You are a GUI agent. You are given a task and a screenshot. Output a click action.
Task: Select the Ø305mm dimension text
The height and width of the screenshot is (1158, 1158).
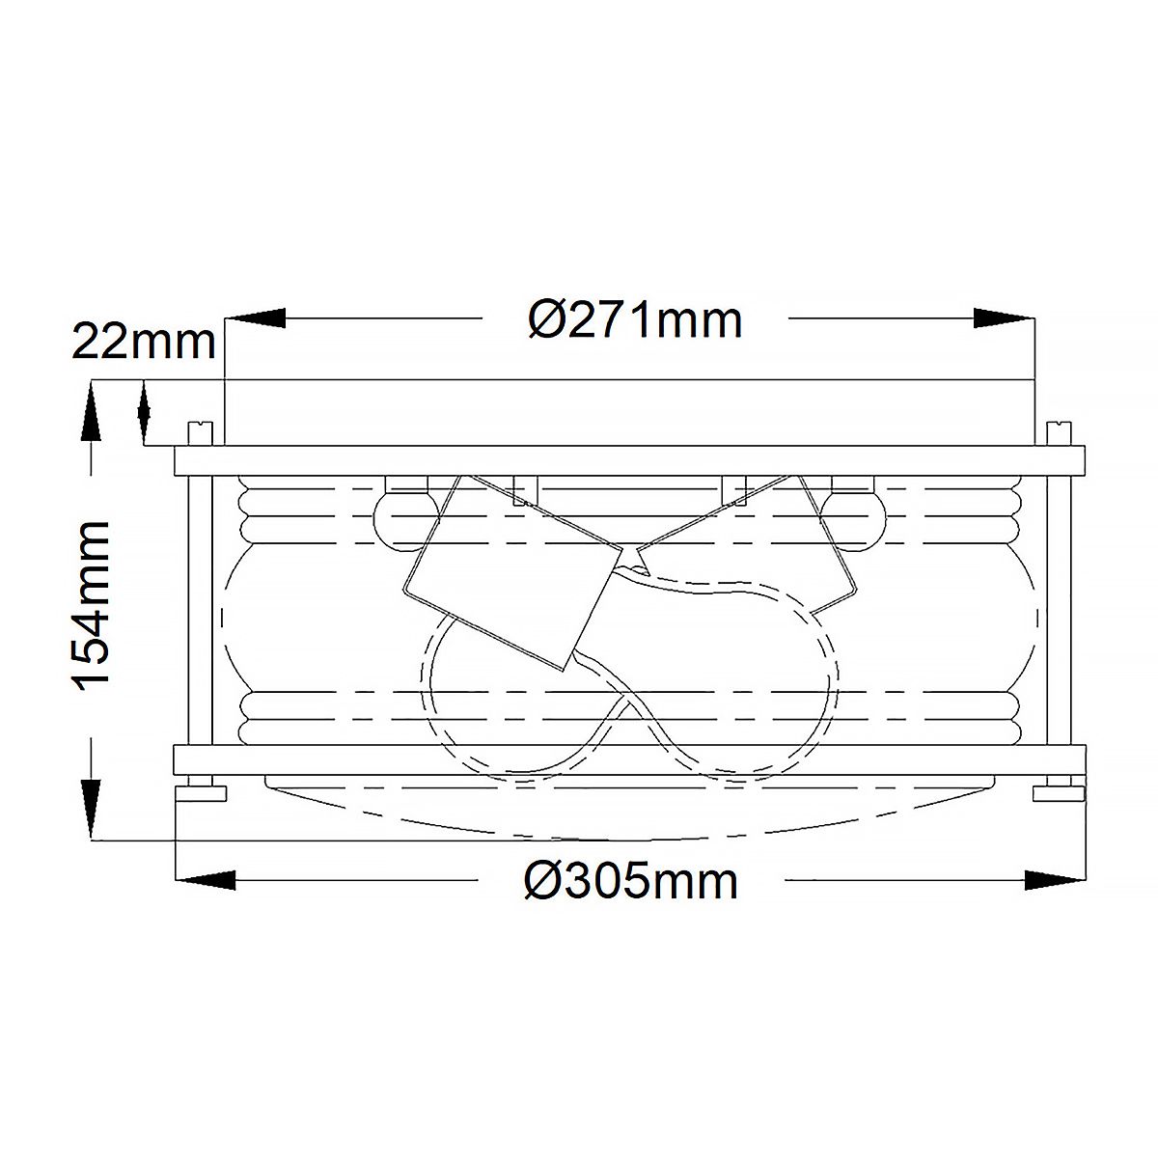[632, 881]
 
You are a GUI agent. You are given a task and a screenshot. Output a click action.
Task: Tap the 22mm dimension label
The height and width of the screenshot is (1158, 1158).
[145, 342]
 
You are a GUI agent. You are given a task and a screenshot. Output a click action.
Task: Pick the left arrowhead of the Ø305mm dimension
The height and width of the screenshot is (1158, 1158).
[205, 879]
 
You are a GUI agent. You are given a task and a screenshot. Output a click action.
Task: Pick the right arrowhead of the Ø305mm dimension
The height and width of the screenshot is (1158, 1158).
[1056, 879]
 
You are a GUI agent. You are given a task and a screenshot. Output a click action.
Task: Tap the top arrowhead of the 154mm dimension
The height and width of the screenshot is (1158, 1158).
[93, 410]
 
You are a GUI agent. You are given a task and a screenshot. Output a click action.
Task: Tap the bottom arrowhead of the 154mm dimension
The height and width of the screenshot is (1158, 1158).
[93, 809]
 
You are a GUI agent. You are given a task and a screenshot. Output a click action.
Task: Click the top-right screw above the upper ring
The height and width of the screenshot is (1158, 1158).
[1059, 434]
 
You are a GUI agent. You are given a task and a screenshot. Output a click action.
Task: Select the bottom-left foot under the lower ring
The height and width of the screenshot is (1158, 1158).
[202, 793]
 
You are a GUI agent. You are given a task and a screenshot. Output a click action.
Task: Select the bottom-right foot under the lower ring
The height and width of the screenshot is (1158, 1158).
[1058, 793]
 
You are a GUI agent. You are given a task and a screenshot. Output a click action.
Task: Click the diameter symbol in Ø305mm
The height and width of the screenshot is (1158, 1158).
[543, 881]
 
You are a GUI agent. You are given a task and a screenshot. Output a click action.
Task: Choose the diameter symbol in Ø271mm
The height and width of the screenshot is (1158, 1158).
[548, 319]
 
